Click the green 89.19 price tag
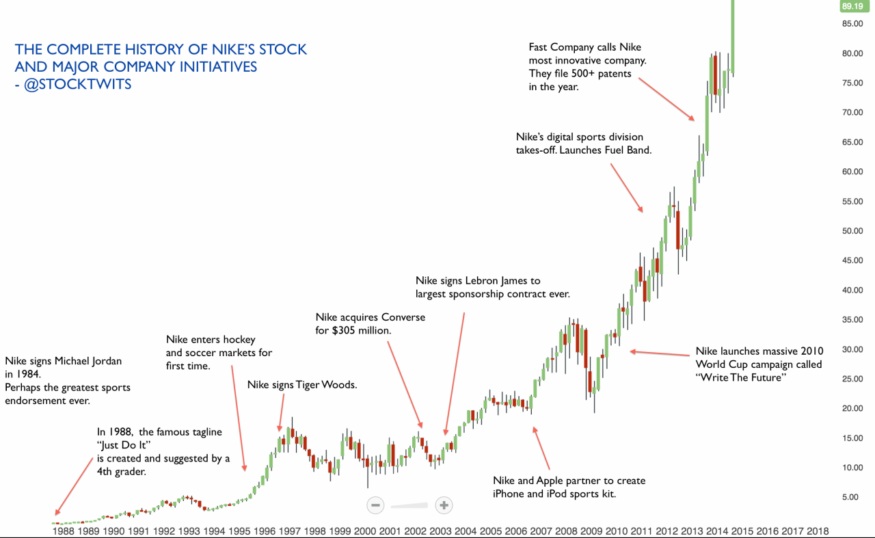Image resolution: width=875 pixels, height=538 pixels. [x=852, y=6]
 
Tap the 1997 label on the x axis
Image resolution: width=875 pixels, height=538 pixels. [x=290, y=530]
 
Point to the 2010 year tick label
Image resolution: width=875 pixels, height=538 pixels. [x=617, y=530]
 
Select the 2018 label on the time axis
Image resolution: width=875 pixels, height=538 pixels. [x=818, y=530]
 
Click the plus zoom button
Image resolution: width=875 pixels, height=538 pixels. [x=444, y=505]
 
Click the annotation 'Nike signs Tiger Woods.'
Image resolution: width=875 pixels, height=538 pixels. [x=301, y=385]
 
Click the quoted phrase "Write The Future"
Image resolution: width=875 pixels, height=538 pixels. [x=738, y=377]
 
